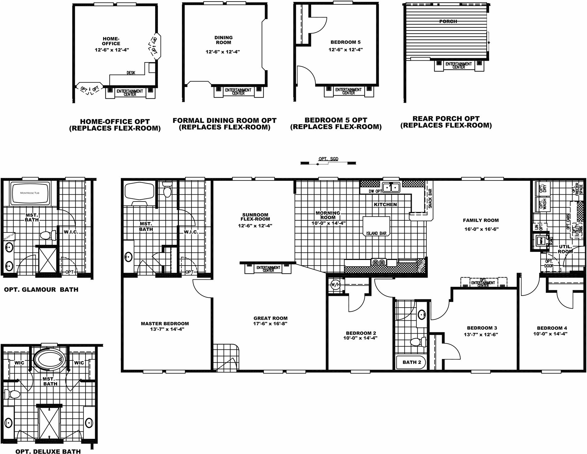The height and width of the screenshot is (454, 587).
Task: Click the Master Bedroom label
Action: [x=165, y=323]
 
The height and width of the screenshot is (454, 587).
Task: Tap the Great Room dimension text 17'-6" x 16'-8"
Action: [x=270, y=324]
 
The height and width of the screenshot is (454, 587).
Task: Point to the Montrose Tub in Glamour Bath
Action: [x=30, y=193]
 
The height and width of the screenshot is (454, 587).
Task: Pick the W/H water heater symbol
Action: [x=335, y=284]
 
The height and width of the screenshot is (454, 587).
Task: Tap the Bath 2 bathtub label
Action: [x=412, y=362]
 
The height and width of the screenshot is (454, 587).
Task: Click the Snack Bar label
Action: [x=430, y=198]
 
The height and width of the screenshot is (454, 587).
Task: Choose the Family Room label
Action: [x=481, y=220]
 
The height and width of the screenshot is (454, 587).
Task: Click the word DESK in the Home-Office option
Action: [x=131, y=73]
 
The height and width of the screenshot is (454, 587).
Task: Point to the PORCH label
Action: [x=448, y=21]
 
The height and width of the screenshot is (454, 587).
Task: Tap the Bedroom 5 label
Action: [x=345, y=42]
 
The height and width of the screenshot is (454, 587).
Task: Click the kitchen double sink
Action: [x=391, y=187]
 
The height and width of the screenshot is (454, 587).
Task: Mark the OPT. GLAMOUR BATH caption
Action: [x=41, y=290]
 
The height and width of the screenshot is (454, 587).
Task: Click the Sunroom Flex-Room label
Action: [x=255, y=217]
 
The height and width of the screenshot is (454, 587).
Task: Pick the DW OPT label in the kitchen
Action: [x=375, y=192]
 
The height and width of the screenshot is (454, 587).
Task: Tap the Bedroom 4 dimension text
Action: [x=550, y=334]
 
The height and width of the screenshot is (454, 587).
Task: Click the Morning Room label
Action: [x=328, y=215]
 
